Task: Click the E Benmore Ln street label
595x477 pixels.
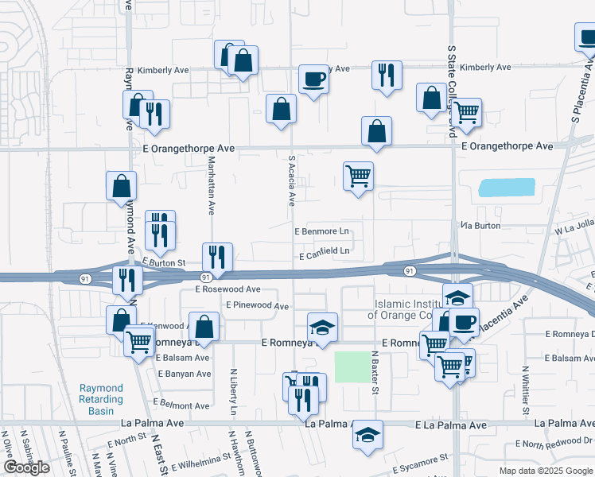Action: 322,232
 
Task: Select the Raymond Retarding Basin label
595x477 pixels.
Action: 101,399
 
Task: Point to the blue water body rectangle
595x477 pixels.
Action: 506,188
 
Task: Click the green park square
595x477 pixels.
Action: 352,366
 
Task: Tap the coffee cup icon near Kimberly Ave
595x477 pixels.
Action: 313,79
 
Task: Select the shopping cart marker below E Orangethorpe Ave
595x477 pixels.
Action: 359,176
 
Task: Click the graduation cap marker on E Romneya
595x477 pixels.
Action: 323,327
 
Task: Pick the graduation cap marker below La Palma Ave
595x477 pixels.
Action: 367,434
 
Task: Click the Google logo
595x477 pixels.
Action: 26,467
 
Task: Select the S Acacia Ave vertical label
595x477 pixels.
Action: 292,179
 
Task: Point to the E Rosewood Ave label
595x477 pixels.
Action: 228,289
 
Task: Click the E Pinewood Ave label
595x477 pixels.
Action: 257,305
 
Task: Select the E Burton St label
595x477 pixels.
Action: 164,262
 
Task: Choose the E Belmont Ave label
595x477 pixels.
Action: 182,405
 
